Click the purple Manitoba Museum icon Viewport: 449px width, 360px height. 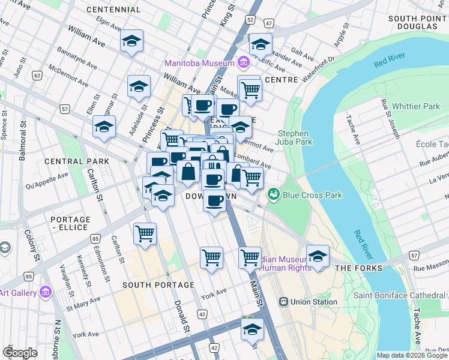pyautogui.click(x=244, y=62)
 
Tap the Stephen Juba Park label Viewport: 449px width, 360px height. pyautogui.click(x=295, y=137)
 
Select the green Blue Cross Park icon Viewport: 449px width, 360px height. pyautogui.click(x=274, y=194)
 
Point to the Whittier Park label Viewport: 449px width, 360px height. pyautogui.click(x=415, y=106)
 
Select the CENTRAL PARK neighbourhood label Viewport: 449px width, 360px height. pyautogui.click(x=77, y=161)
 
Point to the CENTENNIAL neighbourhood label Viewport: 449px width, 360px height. pyautogui.click(x=113, y=10)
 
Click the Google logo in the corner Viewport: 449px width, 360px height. pyautogui.click(x=20, y=352)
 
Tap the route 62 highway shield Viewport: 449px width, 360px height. pyautogui.click(x=37, y=76)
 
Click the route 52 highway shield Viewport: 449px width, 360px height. pyautogui.click(x=250, y=20)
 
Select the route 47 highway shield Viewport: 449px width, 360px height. pyautogui.click(x=268, y=23)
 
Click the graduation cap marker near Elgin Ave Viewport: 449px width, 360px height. pyautogui.click(x=131, y=41)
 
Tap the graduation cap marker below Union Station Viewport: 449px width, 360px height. pyautogui.click(x=252, y=328)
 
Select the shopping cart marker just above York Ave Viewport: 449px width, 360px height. pyautogui.click(x=211, y=257)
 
